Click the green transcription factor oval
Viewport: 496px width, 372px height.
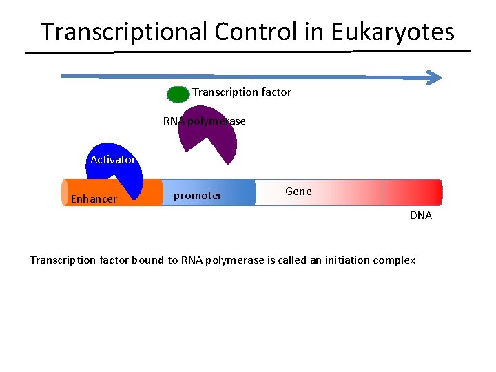pos(178,94)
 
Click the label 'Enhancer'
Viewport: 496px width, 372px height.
pos(94,199)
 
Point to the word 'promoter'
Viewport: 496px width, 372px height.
pos(198,196)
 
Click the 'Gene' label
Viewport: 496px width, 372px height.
pos(298,192)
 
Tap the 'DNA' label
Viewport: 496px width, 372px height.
pos(421,216)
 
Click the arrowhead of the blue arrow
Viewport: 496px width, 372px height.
pos(435,77)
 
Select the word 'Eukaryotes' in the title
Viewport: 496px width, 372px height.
pos(393,32)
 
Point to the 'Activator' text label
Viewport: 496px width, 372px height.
pos(112,160)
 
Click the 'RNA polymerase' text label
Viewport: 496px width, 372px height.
pos(204,121)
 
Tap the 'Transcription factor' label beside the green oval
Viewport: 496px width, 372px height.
pos(242,92)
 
